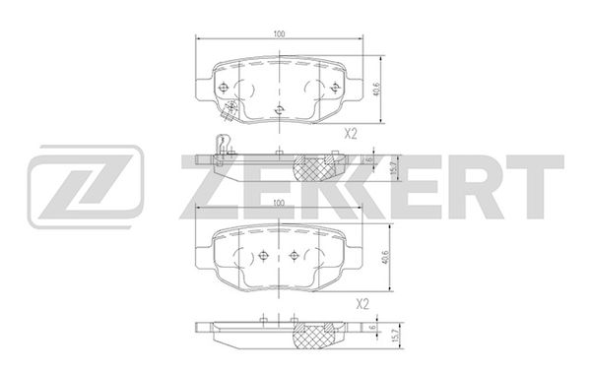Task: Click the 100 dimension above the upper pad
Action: (279, 33)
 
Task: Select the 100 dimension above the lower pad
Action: (279, 203)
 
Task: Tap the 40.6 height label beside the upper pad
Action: (376, 90)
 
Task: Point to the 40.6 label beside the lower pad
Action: (385, 257)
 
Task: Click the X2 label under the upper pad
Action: (351, 134)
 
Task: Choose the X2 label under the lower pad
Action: (362, 304)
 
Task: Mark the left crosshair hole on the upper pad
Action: (224, 88)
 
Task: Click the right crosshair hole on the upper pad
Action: (334, 88)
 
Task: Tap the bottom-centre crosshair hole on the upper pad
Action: (279, 110)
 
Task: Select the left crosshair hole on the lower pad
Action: (263, 255)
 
